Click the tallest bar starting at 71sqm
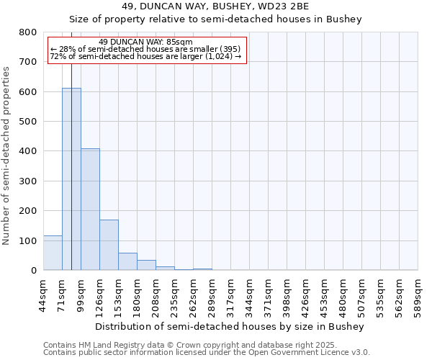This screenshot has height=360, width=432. tap(71, 180)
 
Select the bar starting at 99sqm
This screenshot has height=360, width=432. tap(90, 210)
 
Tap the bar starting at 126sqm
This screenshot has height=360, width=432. tap(109, 245)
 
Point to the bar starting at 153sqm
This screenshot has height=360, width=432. tap(127, 261)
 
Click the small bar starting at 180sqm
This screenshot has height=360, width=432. tap(146, 265)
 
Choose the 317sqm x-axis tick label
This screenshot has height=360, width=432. tap(230, 295)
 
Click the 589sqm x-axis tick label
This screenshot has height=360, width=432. tap(418, 295)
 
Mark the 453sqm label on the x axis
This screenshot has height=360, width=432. tap(324, 295)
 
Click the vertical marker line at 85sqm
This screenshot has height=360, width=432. tap(72, 144)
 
